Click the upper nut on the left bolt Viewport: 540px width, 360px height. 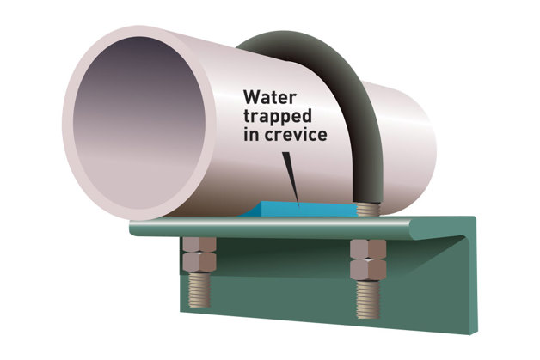[x=199, y=248]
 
